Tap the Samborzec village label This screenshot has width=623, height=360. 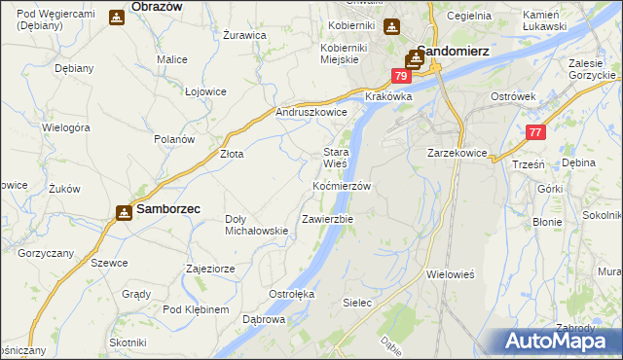(168, 210)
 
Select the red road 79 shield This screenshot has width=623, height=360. (401, 76)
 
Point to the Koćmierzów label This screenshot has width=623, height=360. (341, 185)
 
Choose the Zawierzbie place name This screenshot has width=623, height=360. (327, 219)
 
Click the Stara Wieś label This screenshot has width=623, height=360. (336, 158)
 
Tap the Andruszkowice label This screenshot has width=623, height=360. (311, 112)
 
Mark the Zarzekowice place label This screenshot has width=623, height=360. (457, 153)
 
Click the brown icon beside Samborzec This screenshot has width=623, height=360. (125, 211)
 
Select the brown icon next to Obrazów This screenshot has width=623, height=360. (117, 18)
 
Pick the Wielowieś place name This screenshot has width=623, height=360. (450, 274)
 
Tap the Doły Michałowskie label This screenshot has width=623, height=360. (256, 225)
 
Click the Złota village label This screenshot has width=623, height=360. (232, 154)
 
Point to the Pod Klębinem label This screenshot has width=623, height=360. (196, 309)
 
